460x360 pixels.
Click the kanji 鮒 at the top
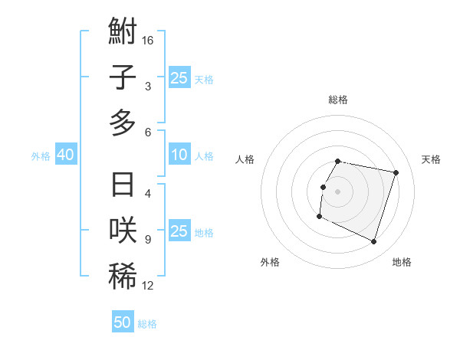(x=123, y=33)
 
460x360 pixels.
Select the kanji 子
(x=123, y=77)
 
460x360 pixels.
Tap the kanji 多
(x=123, y=123)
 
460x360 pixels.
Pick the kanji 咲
(x=123, y=231)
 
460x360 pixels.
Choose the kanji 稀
(x=123, y=277)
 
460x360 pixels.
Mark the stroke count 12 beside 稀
(x=149, y=286)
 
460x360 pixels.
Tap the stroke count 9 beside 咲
(x=147, y=240)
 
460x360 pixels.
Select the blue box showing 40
(x=65, y=155)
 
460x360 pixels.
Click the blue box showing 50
(x=123, y=322)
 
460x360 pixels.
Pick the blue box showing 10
(x=179, y=155)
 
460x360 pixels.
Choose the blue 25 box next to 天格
(x=179, y=77)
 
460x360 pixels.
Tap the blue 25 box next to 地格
(x=179, y=231)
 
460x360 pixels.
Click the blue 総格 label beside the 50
(x=147, y=324)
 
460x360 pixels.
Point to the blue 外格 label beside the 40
(x=41, y=156)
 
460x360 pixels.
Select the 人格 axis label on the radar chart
(x=245, y=159)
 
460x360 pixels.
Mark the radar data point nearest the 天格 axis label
(x=396, y=173)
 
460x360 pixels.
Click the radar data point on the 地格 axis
(x=373, y=242)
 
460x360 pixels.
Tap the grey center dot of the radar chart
(x=337, y=191)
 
